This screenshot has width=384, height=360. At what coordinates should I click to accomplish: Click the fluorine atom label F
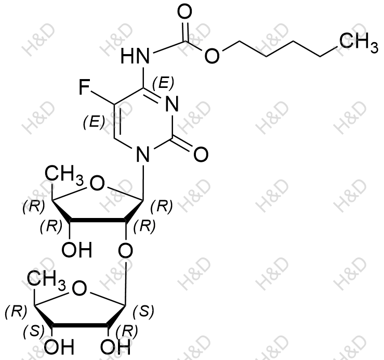coord(84,88)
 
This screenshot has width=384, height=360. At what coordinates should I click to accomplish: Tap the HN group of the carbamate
coord(135,56)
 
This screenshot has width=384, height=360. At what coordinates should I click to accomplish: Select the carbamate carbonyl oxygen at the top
coord(184,12)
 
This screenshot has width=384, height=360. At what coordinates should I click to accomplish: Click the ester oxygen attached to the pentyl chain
coord(212,56)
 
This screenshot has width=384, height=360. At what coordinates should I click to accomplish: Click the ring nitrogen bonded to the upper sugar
coord(143,155)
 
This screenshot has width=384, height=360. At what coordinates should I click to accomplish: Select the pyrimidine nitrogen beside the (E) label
coord(172,104)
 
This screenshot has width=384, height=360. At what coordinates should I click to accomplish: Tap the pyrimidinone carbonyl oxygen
coord(201,155)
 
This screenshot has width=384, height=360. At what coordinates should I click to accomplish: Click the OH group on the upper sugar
coord(77,250)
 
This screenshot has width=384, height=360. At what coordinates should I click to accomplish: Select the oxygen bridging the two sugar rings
coord(125,250)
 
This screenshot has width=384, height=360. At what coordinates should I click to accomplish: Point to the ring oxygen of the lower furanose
coord(80,288)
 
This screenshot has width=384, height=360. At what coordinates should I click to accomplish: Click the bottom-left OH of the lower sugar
coord(59,347)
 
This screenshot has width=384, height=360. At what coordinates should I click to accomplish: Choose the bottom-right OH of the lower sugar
coord(115,347)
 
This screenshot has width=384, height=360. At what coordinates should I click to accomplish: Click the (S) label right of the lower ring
coord(143,312)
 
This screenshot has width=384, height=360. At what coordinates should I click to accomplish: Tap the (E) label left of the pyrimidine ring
coord(94,122)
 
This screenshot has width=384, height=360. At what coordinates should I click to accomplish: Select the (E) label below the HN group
coord(163,83)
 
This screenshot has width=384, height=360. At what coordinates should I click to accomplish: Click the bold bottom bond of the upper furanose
coord(98,221)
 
